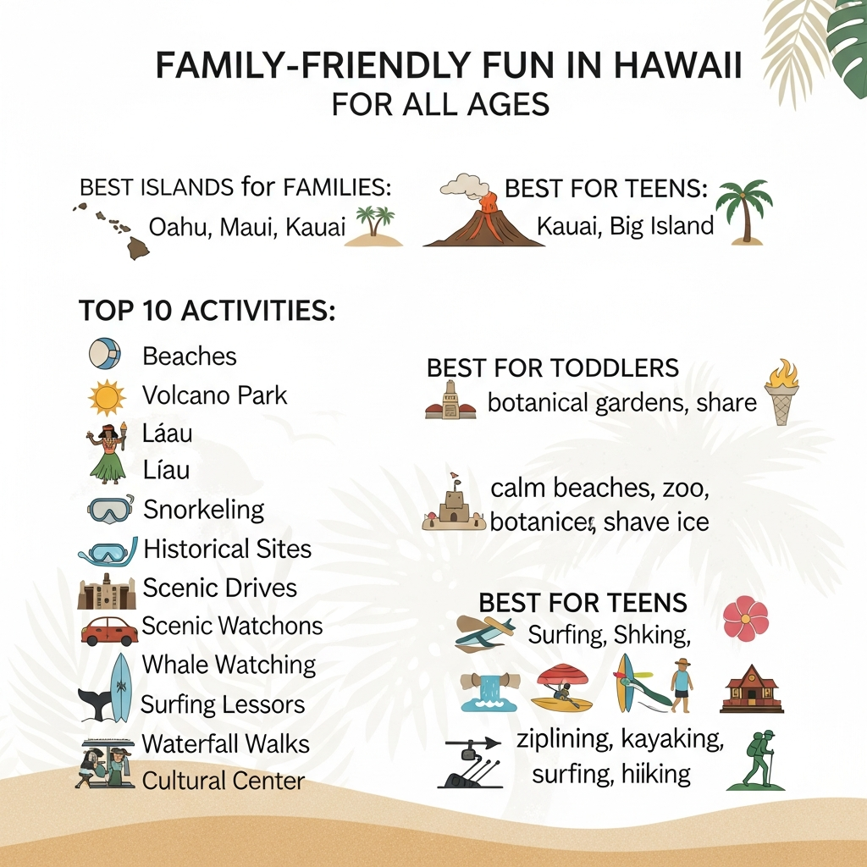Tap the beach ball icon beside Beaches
point(105,354)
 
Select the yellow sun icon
point(107,398)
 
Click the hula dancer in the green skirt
point(108,454)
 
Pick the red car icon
point(109,631)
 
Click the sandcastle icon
point(454,503)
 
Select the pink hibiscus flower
point(746,618)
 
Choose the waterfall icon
point(489,692)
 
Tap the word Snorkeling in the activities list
point(203,510)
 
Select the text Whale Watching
point(229,665)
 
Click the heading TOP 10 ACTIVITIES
point(207,310)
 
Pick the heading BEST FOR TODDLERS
point(553,368)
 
